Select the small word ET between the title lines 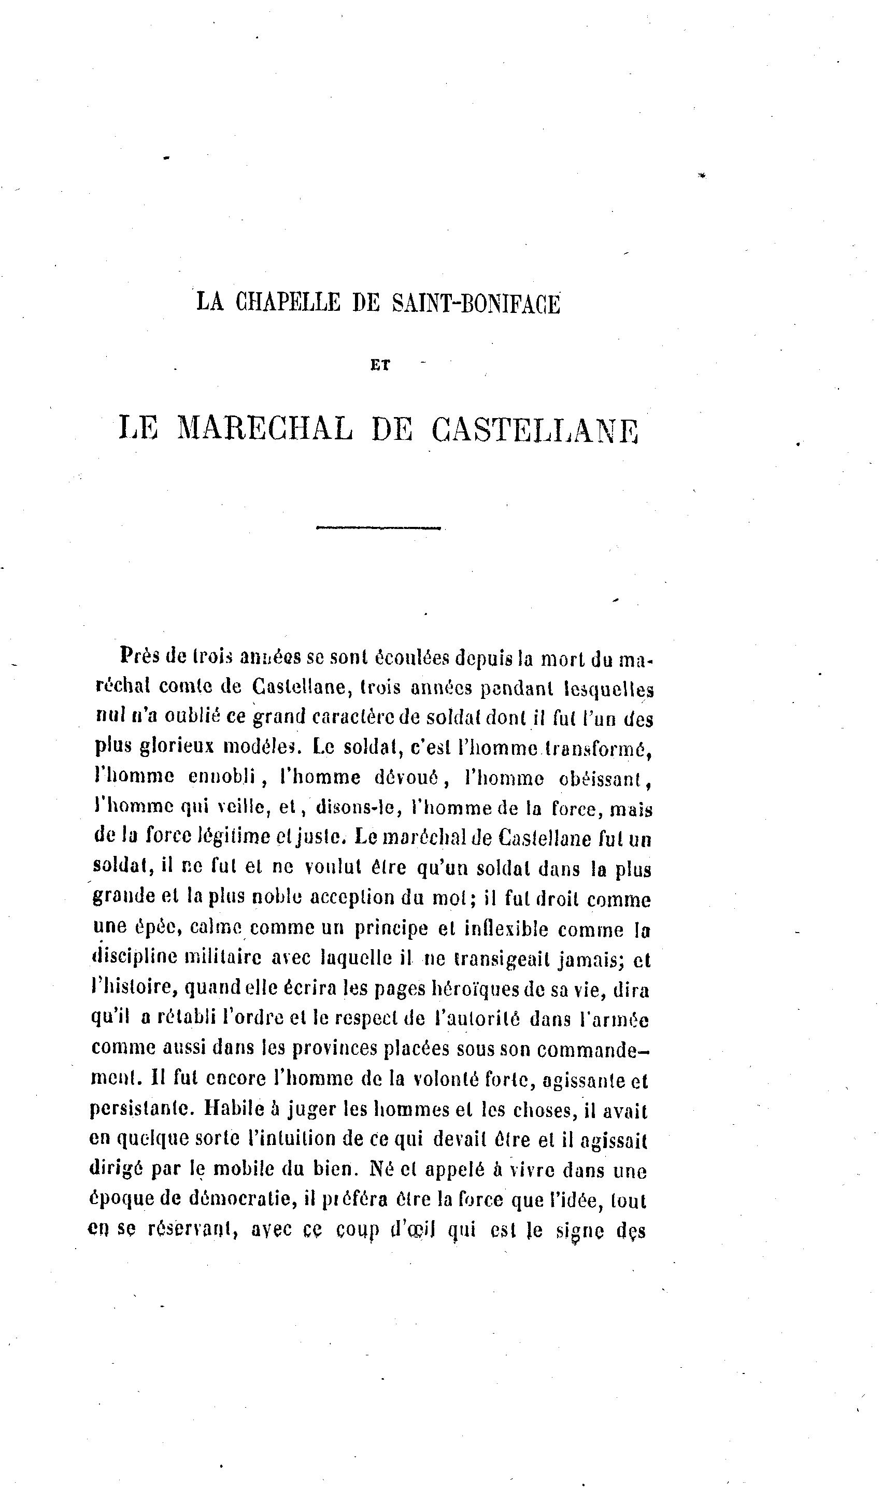[x=380, y=365]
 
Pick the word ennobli [x=222, y=777]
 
